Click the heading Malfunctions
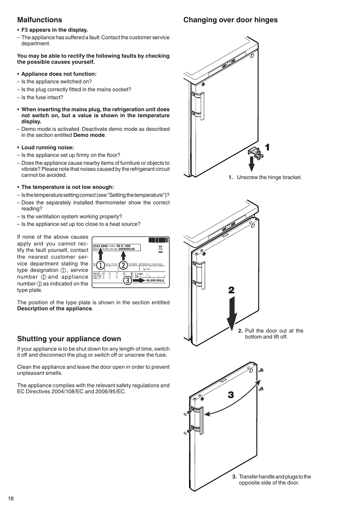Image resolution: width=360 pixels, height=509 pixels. tap(40, 20)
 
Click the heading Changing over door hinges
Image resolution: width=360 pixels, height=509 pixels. tap(230, 20)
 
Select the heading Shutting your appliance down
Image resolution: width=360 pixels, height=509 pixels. tap(69, 339)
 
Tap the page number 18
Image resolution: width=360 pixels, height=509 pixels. tap(11, 498)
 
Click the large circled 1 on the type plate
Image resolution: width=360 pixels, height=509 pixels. tap(100, 265)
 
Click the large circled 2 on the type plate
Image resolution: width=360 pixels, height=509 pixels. tap(123, 265)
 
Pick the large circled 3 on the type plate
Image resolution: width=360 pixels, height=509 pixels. tap(128, 280)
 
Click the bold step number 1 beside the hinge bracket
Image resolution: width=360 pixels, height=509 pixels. tap(267, 147)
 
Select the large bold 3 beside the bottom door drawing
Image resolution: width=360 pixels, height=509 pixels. tap(231, 395)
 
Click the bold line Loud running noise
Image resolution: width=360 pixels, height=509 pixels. tap(48, 147)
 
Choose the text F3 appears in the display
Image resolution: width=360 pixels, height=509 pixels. tap(54, 30)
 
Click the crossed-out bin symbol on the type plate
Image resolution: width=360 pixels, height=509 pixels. tap(160, 248)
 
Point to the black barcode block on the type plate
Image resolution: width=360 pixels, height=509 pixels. tap(158, 240)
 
